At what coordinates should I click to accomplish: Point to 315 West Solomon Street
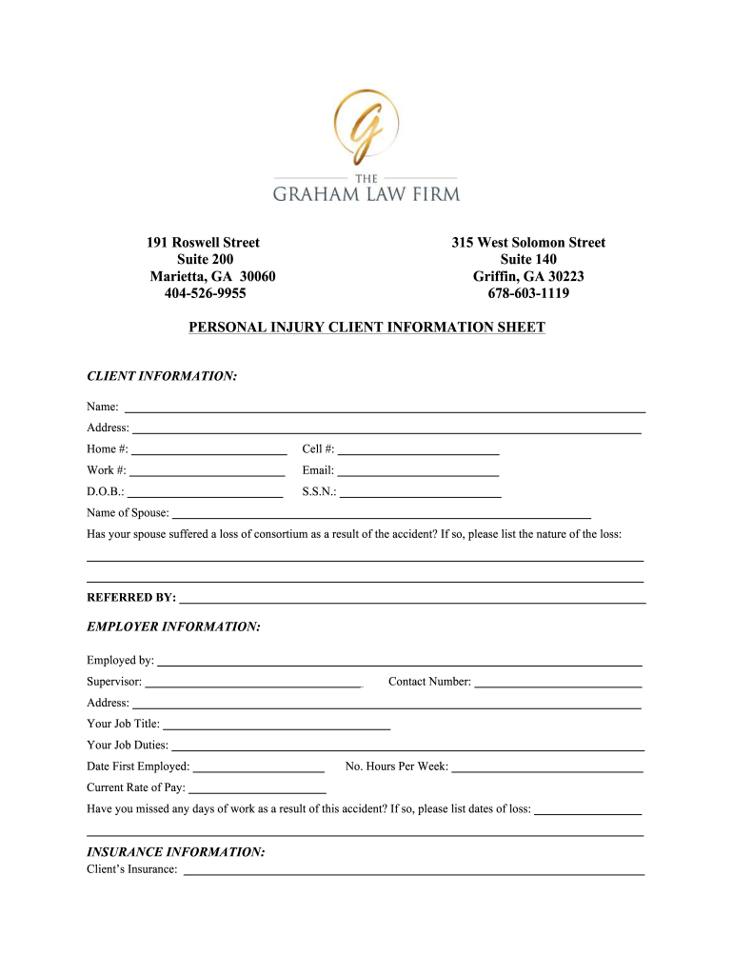coord(528,243)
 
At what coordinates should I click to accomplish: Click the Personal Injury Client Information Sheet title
coord(366,328)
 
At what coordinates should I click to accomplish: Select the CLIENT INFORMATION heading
coord(162,377)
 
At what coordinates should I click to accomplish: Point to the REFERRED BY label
coord(131,598)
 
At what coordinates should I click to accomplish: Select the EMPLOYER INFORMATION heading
coord(173,627)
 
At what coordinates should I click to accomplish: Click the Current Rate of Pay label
coord(136,788)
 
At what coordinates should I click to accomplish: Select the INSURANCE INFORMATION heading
coord(176,852)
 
